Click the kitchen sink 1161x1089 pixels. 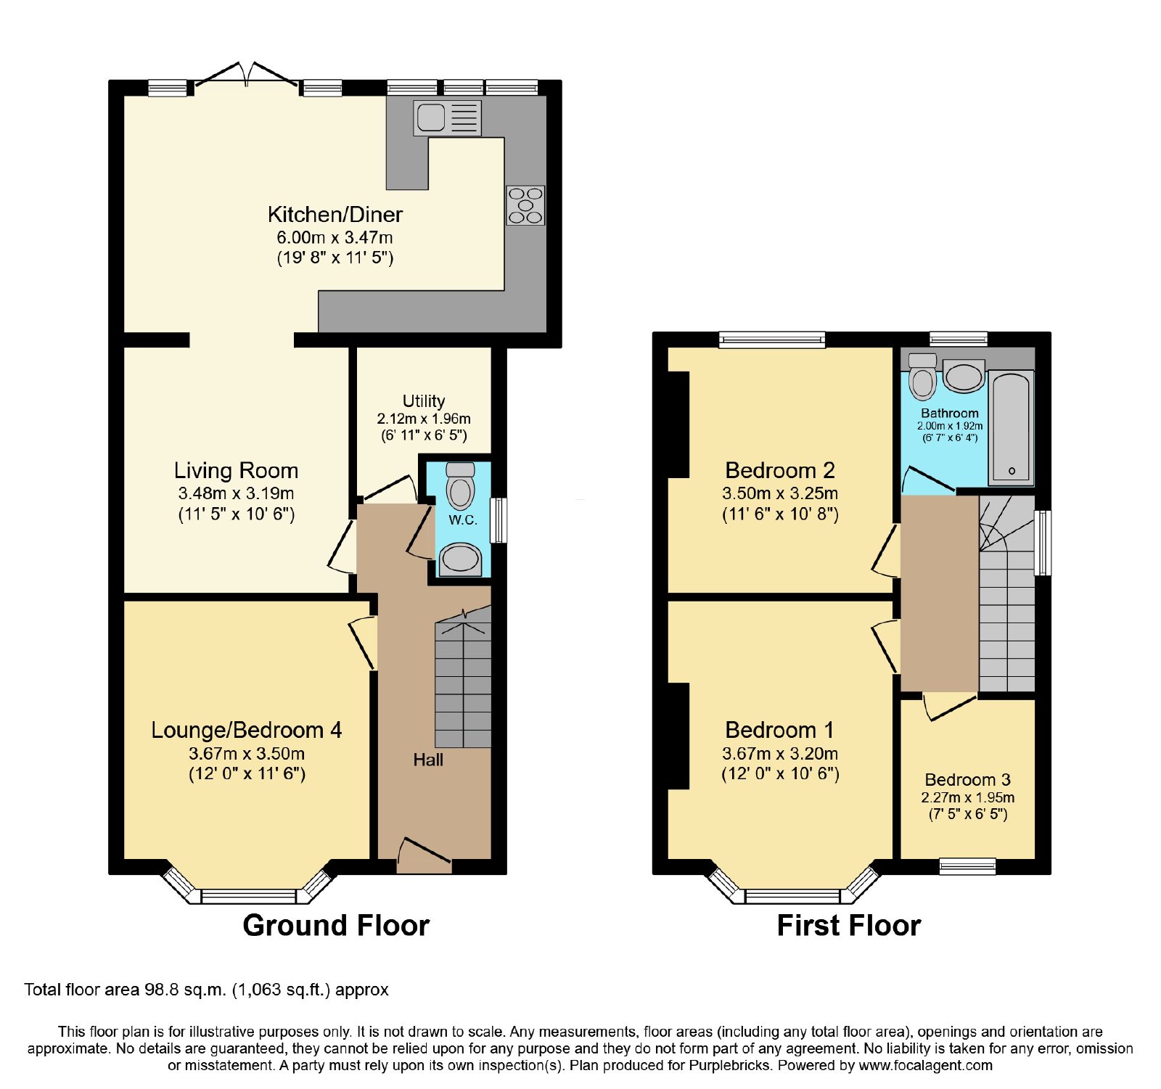coord(447,118)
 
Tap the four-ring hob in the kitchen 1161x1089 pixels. coord(525,205)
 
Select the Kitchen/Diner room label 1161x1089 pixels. coord(335,214)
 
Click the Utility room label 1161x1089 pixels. coord(424,400)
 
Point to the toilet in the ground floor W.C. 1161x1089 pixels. coord(460,485)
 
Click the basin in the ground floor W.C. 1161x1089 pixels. coord(460,559)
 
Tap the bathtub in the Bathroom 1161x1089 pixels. coord(1012,428)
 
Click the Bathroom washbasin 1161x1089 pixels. coord(964,377)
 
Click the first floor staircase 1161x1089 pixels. coord(1006,594)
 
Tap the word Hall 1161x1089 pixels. coord(428,760)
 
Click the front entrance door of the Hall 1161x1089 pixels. coord(424,855)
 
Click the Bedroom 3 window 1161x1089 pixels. coord(967,866)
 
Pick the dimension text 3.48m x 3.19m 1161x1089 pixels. coord(236,493)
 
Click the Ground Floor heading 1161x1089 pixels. coord(336,926)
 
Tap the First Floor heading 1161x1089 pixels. coord(849,926)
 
